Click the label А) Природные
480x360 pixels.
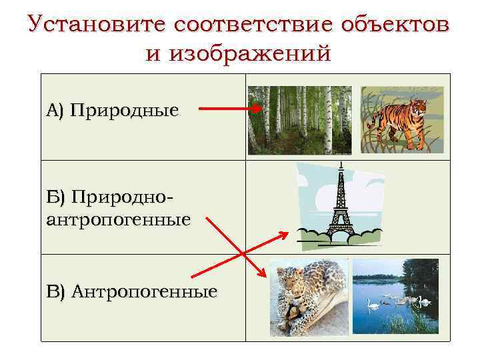tap(113, 109)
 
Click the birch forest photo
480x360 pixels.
tap(299, 120)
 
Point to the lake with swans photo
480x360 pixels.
tap(395, 295)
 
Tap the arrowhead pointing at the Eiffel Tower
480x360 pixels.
tap(285, 235)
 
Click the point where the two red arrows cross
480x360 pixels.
tap(243, 252)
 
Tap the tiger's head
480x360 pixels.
tap(419, 107)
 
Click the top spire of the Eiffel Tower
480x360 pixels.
tap(341, 164)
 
